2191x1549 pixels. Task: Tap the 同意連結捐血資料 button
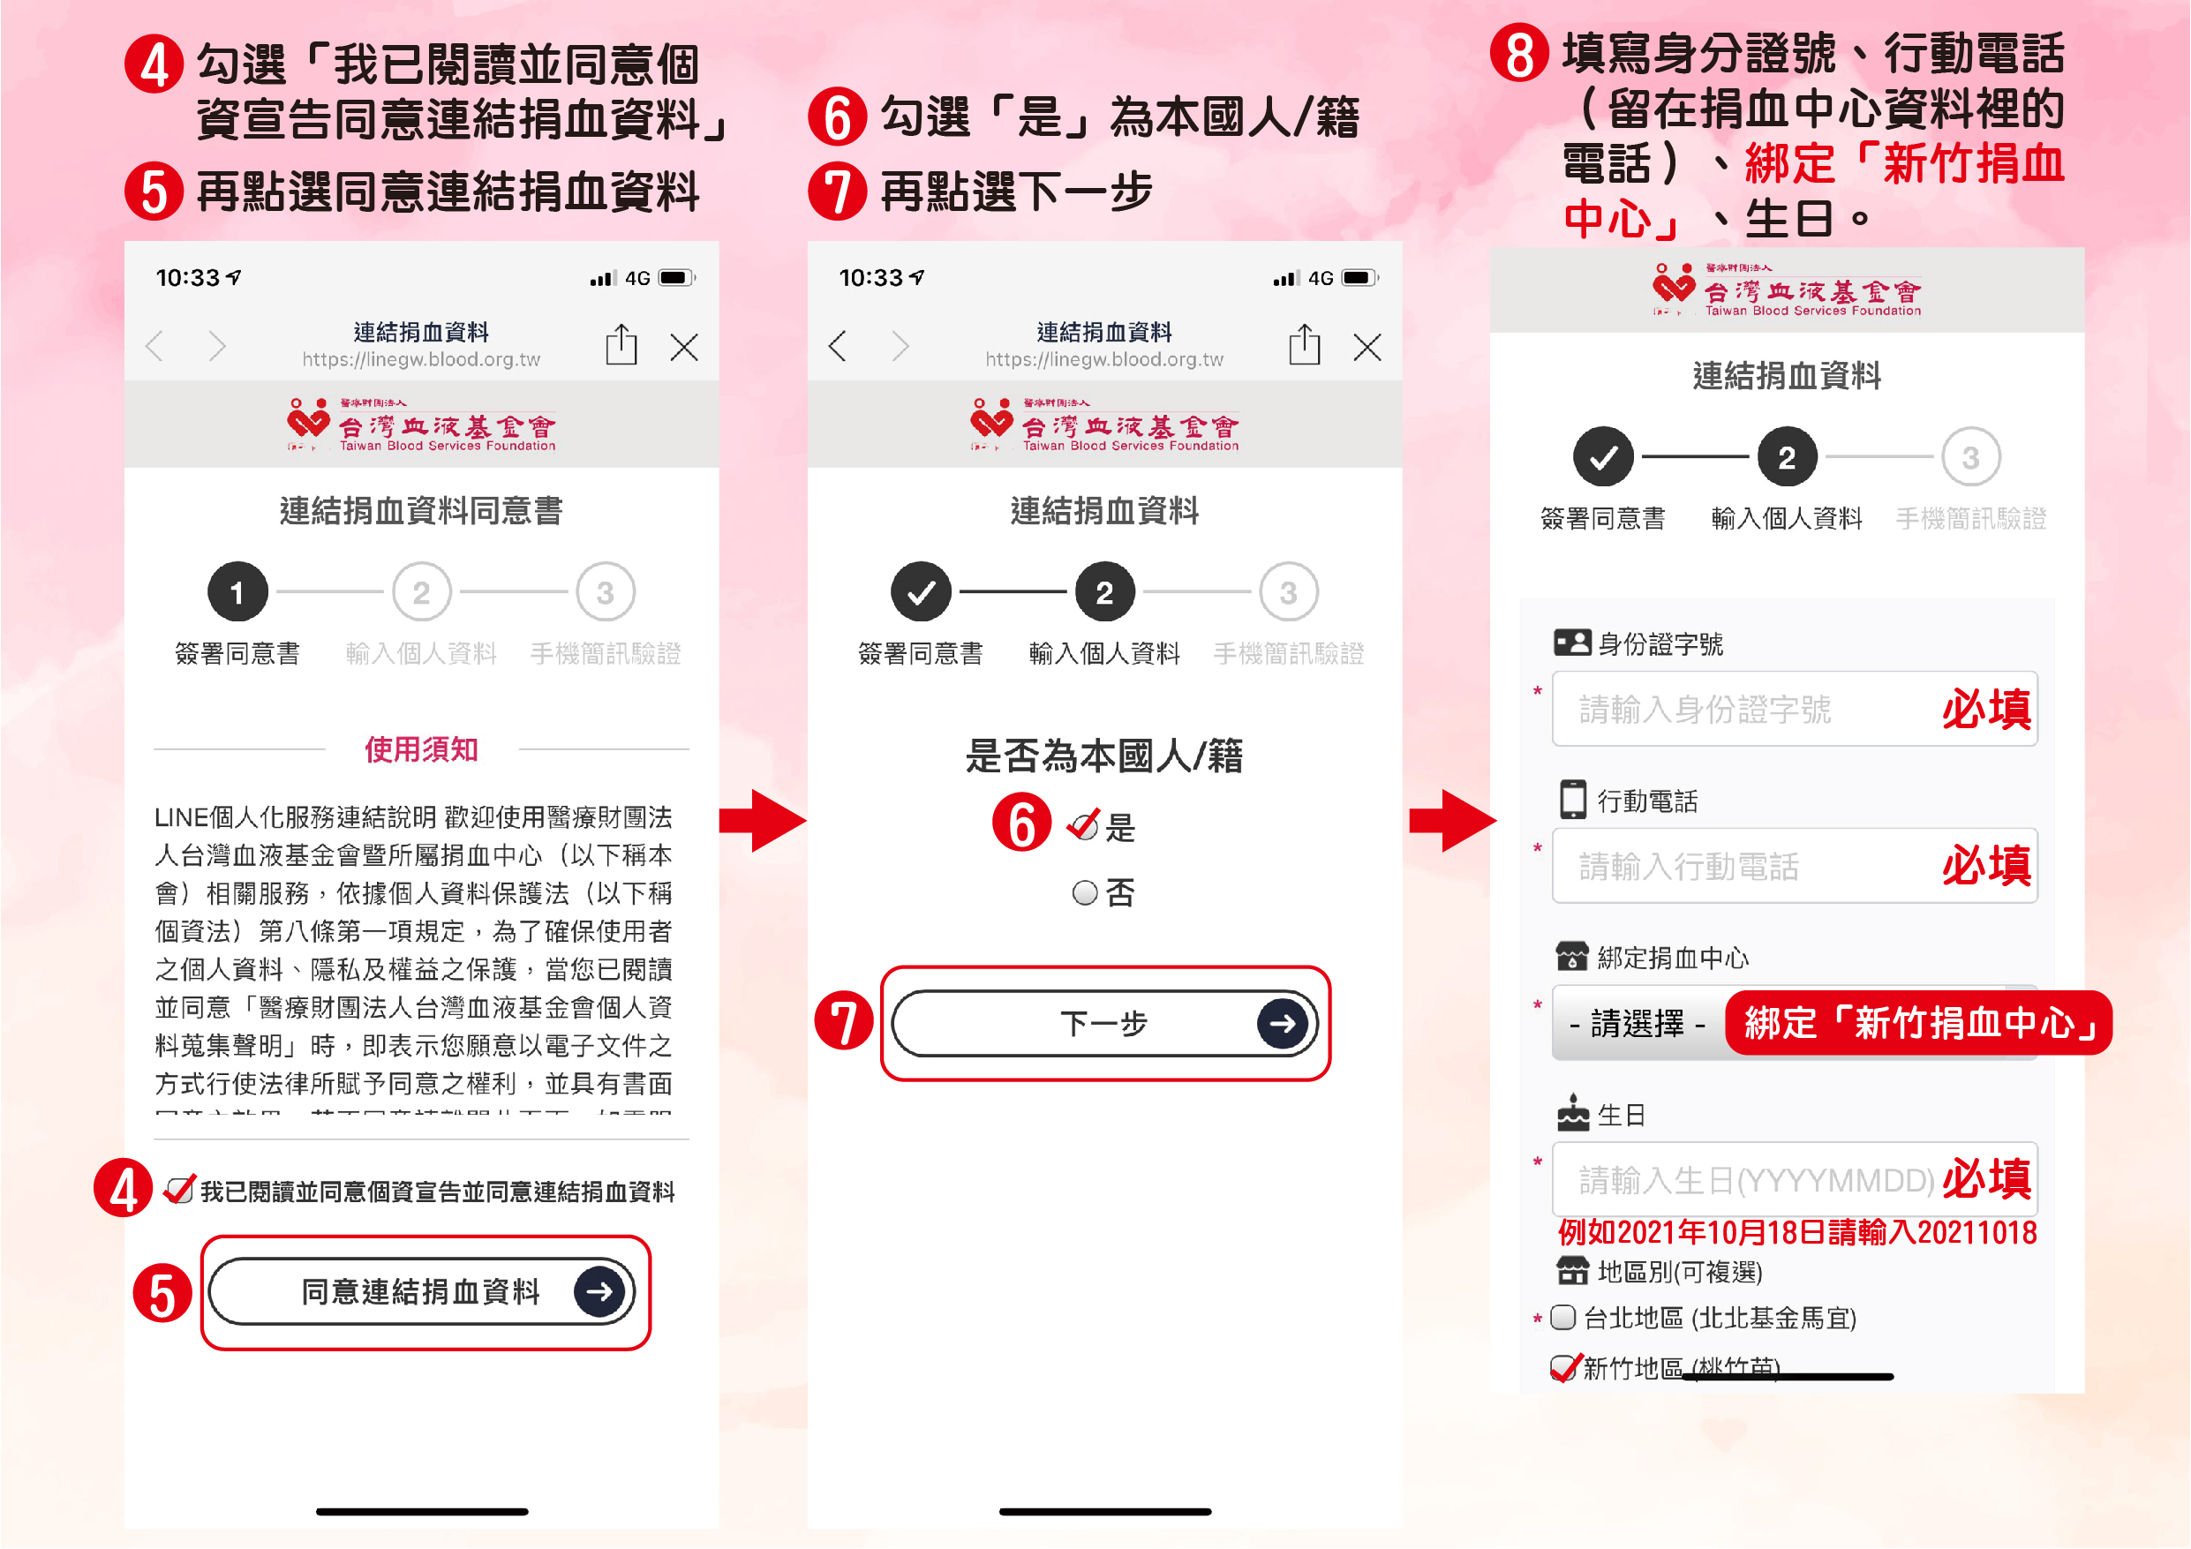422,1291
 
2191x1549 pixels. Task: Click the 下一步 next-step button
1104,1023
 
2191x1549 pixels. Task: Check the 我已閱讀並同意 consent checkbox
177,1192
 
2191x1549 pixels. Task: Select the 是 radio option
1083,826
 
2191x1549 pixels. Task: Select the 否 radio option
1084,893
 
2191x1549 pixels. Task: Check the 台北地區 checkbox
1562,1318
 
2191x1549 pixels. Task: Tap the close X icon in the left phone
684,347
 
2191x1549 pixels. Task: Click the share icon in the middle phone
1304,344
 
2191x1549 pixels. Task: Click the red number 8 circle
1519,54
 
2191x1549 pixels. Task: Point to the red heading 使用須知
421,749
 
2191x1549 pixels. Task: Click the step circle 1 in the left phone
237,593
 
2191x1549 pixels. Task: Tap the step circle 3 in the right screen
1969,457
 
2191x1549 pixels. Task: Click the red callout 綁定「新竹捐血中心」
1918,1024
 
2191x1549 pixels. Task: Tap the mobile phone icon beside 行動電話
1571,800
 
